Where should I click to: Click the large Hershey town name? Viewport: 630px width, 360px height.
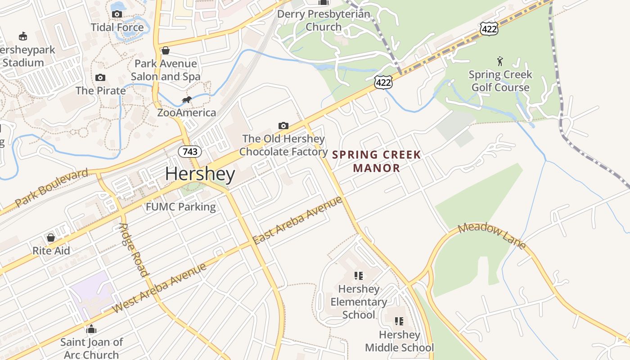[200, 174]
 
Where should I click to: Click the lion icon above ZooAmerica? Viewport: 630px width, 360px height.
[186, 99]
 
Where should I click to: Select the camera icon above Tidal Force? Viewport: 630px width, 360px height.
[117, 14]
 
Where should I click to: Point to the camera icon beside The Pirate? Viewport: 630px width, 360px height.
[100, 77]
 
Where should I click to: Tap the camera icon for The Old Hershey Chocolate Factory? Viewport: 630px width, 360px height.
[283, 126]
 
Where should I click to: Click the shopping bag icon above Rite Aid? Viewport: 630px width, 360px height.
[51, 237]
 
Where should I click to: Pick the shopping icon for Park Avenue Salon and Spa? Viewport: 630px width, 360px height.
[166, 50]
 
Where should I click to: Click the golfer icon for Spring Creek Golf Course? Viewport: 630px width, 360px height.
[500, 61]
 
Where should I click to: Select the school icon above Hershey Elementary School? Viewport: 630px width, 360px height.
[358, 275]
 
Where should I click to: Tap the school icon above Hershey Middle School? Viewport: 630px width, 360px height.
[399, 321]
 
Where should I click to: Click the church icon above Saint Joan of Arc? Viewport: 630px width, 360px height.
[91, 329]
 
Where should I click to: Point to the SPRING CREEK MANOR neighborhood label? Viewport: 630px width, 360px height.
[377, 162]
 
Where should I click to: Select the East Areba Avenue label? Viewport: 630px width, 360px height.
[297, 220]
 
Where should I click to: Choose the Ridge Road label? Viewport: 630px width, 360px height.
[133, 250]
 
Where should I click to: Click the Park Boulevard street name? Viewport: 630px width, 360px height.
[51, 188]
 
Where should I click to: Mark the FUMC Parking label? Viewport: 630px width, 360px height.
[181, 207]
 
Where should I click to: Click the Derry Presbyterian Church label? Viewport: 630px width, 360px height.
[324, 20]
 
